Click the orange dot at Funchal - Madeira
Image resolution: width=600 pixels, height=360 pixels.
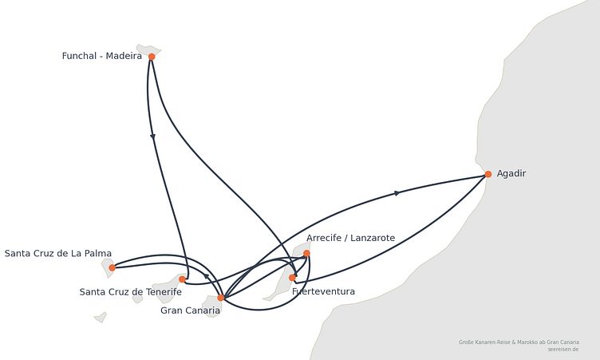pos(152,57)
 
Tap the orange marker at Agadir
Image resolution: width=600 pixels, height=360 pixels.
pos(488,174)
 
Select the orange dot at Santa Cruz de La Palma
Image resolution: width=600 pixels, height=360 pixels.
pos(112,267)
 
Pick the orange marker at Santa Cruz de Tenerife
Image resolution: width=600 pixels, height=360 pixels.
pos(182,279)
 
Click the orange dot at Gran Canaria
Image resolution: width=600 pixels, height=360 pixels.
pos(221,298)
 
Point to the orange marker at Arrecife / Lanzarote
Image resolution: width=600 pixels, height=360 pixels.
pos(306,253)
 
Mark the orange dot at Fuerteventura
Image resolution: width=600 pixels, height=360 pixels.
pos(292,278)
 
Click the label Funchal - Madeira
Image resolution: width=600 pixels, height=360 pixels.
pos(102,56)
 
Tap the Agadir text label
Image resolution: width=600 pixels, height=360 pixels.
pos(511,173)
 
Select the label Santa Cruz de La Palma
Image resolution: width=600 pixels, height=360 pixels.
pos(58,254)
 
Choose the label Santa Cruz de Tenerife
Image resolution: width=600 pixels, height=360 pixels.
pos(131,292)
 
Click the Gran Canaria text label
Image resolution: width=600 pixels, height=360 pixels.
pos(190,311)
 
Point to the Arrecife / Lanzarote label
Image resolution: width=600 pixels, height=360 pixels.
pos(350,238)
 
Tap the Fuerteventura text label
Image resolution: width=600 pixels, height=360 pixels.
pos(323,291)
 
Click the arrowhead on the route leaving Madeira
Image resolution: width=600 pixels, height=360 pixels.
pos(153,136)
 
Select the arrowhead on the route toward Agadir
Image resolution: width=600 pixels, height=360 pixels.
pos(397,193)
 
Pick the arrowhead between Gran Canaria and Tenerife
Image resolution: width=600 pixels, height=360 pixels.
pos(206,276)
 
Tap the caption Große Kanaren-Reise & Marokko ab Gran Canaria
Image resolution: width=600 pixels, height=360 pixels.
pos(519,342)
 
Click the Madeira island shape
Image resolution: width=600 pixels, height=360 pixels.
pos(148,49)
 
